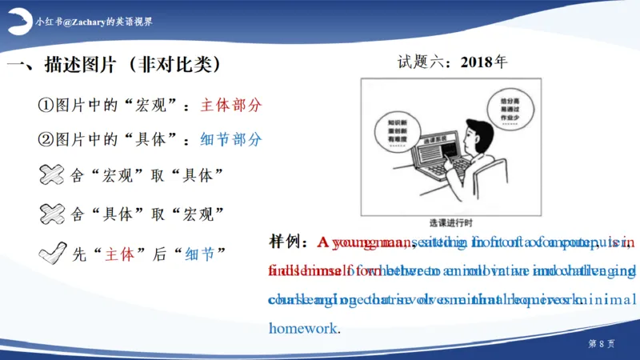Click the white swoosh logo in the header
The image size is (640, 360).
(x=18, y=23)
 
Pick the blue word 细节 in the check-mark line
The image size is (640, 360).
(x=199, y=254)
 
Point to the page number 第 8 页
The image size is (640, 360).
(x=601, y=343)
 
